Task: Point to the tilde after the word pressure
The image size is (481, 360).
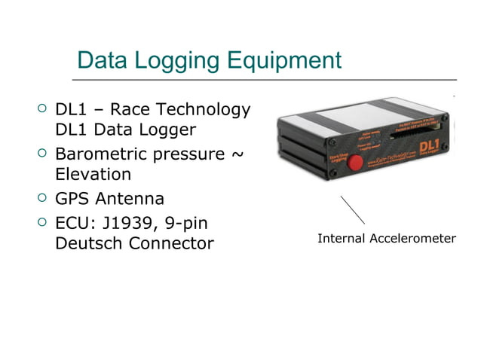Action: coord(236,155)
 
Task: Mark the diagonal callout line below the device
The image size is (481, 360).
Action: coord(352,209)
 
